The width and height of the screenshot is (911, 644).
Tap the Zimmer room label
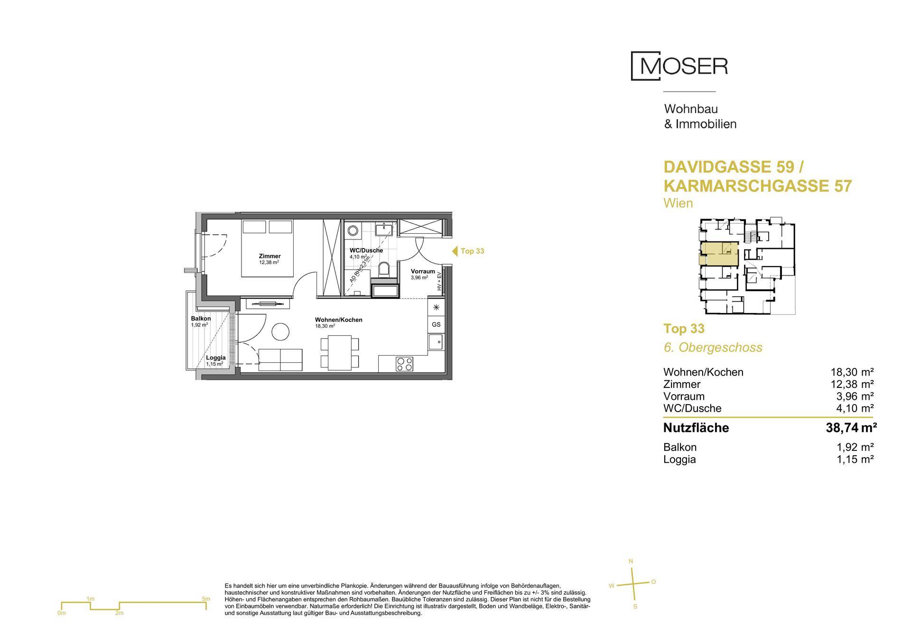pos(270,256)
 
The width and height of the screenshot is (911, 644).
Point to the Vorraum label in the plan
pos(423,271)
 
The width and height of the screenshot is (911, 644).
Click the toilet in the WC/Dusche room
pos(384,270)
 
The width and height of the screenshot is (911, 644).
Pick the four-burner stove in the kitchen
pos(405,364)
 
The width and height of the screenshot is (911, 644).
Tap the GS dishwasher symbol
pos(436,324)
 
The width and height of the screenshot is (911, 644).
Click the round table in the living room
pos(280,331)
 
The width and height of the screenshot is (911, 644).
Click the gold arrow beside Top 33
pos(454,251)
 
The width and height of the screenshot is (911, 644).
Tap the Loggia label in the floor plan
pos(215,358)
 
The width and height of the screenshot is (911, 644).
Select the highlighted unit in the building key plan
pos(719,254)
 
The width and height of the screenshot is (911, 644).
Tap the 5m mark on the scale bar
pos(206,599)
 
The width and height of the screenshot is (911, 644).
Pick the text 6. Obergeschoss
pos(713,347)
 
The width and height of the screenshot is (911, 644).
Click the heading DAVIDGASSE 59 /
pos(734,167)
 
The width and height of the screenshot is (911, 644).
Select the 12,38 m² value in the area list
pos(854,384)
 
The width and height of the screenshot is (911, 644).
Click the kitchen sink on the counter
pos(436,341)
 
